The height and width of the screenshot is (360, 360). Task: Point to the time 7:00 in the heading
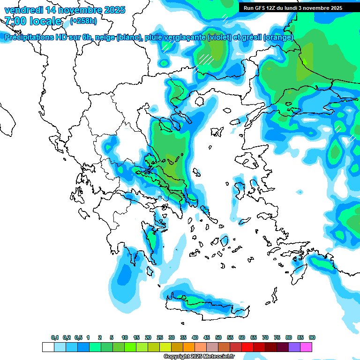[x=15, y=21]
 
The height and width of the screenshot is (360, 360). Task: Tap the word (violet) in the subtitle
[x=219, y=37]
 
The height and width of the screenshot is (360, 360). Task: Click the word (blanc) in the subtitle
[x=129, y=37]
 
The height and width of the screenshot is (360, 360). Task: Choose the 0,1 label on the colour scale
[x=55, y=337]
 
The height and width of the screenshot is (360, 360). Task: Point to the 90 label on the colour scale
[x=312, y=337]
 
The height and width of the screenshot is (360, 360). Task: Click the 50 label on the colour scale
[x=218, y=337]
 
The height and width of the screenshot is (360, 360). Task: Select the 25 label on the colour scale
[x=160, y=337]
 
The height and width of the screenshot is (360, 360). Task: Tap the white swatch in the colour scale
[x=48, y=347]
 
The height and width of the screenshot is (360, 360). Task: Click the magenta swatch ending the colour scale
[x=306, y=347]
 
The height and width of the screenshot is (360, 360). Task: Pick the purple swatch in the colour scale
[x=294, y=347]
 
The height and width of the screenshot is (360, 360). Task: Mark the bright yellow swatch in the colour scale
[x=165, y=347]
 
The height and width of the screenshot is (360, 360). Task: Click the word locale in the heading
[x=45, y=21]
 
